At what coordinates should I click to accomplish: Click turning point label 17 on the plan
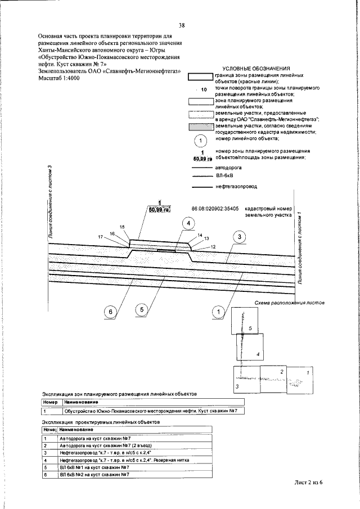pos(101,237)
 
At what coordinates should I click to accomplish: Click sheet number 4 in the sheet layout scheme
pos(256,354)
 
